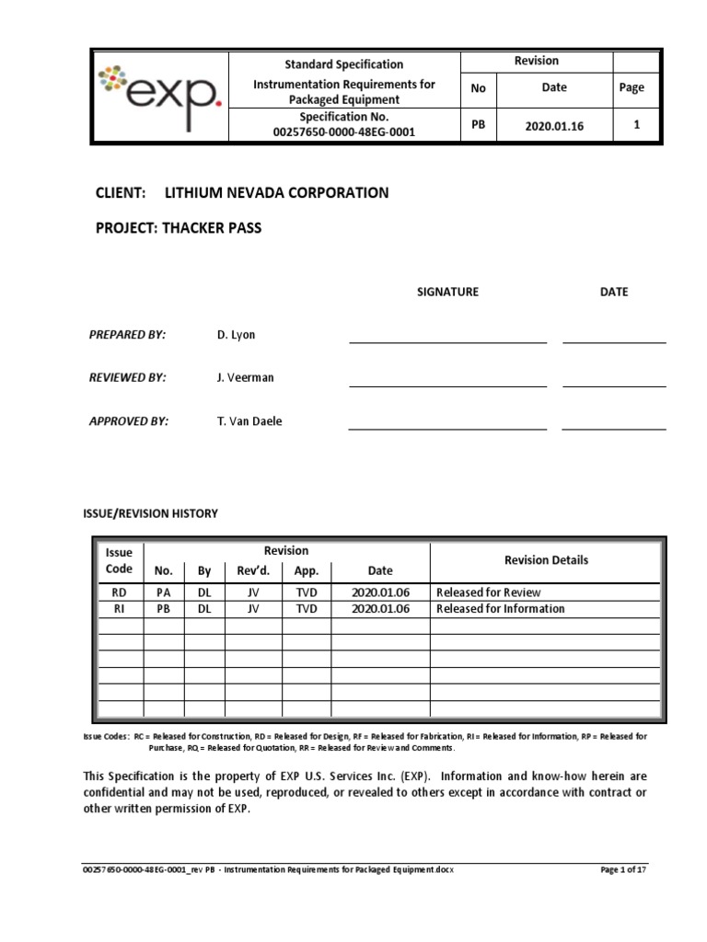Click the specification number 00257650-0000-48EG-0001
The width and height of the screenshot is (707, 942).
point(343,132)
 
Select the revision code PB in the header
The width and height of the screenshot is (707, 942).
point(478,125)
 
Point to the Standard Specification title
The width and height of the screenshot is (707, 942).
point(343,64)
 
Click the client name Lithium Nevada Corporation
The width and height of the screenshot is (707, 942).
point(276,192)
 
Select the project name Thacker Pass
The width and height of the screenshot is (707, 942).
point(213,228)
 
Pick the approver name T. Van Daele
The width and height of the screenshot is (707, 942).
point(250,420)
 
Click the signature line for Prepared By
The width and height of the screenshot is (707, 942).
point(447,340)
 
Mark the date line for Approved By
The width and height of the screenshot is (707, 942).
point(614,428)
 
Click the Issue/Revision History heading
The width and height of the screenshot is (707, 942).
point(151,513)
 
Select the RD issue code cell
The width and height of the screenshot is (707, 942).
point(119,592)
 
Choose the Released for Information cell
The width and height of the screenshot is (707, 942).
point(501,609)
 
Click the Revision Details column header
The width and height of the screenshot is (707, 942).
point(546,560)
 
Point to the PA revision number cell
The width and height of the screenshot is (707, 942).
point(164,592)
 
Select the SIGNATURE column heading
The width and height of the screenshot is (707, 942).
point(447,292)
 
